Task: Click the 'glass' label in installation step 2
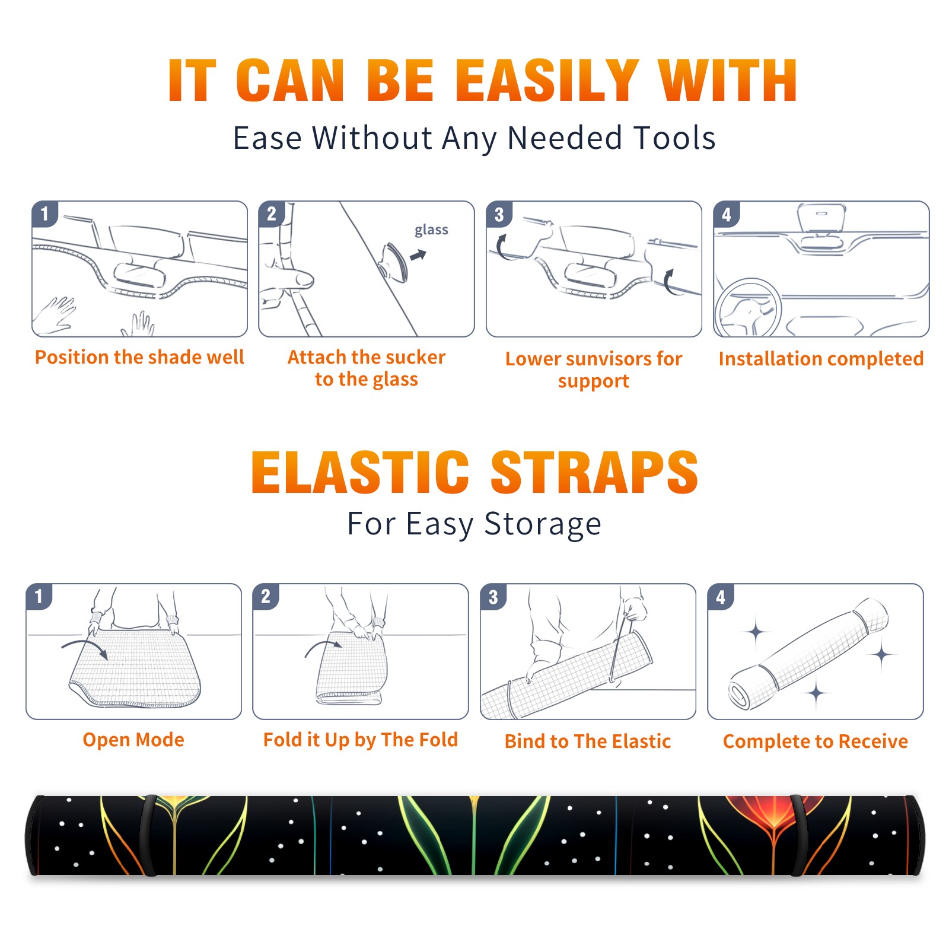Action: (x=431, y=230)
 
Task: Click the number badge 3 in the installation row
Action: (x=499, y=214)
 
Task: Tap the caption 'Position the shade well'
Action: (x=139, y=357)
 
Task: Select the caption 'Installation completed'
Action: (x=821, y=359)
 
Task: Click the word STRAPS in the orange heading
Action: (x=594, y=472)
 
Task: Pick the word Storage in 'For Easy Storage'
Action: (x=543, y=524)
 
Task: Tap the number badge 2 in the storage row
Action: (x=265, y=597)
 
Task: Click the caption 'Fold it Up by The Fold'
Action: (x=361, y=740)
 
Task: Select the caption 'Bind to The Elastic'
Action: (x=588, y=741)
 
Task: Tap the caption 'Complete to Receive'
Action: (x=816, y=741)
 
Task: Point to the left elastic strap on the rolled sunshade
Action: (x=148, y=835)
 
